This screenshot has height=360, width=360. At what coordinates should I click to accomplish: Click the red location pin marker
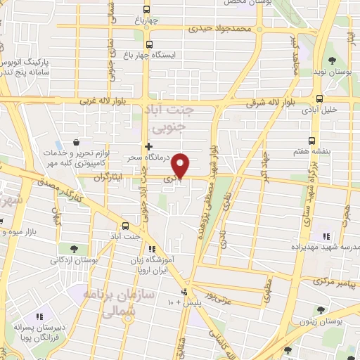coord(181,166)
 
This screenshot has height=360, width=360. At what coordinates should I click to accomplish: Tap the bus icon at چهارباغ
coord(146,9)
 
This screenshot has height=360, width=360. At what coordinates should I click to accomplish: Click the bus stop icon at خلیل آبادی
coord(319,98)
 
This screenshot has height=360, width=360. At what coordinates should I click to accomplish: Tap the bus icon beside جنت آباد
coord(125,226)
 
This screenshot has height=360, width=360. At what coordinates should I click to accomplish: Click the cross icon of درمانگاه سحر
coord(148,146)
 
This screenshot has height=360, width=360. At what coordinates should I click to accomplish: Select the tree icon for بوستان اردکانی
coord(73,248)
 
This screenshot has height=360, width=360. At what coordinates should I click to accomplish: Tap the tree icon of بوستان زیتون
coord(321,309)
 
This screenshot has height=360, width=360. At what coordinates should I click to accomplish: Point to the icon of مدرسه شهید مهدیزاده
coord(325,237)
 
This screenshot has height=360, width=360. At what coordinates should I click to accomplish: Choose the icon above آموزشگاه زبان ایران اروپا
coord(150,249)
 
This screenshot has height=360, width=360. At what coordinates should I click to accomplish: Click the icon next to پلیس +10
coord(184,292)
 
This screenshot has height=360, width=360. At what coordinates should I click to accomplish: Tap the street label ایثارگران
coord(113,179)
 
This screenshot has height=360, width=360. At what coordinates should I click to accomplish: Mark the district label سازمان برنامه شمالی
coord(108,303)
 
